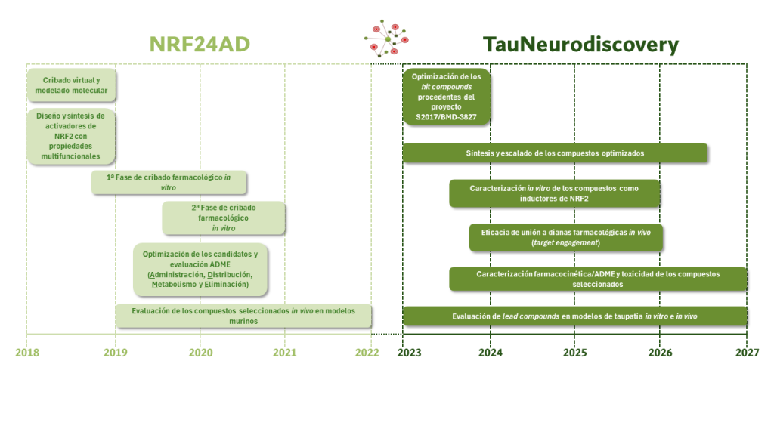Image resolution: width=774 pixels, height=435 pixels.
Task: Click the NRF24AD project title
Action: [x=200, y=45]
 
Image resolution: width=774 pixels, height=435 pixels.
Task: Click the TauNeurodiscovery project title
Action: [x=580, y=45]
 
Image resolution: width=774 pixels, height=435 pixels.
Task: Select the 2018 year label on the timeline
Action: [x=26, y=352]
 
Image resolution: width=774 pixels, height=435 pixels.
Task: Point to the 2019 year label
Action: [x=115, y=352]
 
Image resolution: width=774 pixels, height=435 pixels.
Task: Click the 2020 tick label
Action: [x=200, y=352]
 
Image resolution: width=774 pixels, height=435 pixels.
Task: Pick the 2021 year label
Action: [x=285, y=352]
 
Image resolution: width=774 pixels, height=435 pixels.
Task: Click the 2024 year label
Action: [x=490, y=352]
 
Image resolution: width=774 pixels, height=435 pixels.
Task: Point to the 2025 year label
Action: [x=574, y=352]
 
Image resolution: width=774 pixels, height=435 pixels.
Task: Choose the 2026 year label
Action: [x=660, y=352]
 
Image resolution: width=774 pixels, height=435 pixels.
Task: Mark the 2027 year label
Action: [x=746, y=352]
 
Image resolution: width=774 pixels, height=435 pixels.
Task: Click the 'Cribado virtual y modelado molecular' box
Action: [x=71, y=85]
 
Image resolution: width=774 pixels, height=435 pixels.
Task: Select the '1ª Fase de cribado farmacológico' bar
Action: [x=169, y=182]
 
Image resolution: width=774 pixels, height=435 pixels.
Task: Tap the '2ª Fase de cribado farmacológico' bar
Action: [x=224, y=217]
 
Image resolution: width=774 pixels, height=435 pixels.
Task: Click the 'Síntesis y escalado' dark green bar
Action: [x=555, y=153]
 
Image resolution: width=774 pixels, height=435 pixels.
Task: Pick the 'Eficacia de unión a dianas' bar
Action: [x=565, y=237]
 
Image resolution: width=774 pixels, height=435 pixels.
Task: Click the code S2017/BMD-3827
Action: [x=447, y=118]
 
